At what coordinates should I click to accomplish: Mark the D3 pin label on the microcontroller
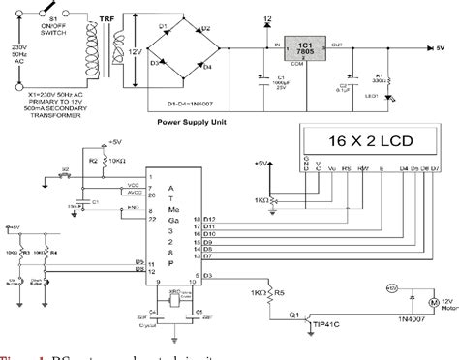click(x=206, y=278)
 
